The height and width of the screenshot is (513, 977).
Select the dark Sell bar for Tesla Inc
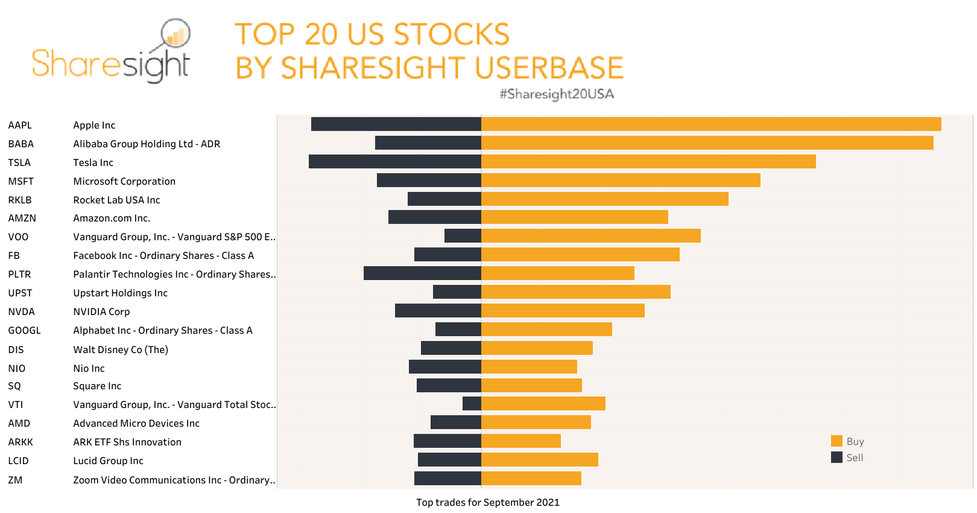[x=394, y=162]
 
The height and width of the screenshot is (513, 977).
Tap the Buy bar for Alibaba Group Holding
[x=707, y=143]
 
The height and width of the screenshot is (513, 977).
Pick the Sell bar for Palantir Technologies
[x=422, y=273]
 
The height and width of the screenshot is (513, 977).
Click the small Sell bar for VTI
[x=472, y=404]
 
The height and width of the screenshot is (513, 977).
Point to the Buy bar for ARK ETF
[x=521, y=441]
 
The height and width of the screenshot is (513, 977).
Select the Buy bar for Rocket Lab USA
[x=604, y=199]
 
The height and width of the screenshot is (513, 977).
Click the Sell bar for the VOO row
[x=463, y=236]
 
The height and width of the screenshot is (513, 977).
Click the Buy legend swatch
[x=836, y=441]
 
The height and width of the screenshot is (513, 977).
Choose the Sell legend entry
[x=847, y=457]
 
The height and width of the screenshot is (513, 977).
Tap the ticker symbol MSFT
[x=21, y=181]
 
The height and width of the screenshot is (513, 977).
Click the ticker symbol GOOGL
[x=25, y=330]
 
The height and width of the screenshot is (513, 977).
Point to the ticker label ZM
[x=16, y=480]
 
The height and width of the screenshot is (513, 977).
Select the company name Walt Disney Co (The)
[x=121, y=349]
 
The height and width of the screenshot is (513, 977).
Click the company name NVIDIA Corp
[x=101, y=311]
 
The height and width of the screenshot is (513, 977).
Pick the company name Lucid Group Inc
[x=108, y=460]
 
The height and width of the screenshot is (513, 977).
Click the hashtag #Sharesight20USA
[x=556, y=94]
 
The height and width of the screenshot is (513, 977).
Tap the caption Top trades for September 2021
[x=487, y=502]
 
